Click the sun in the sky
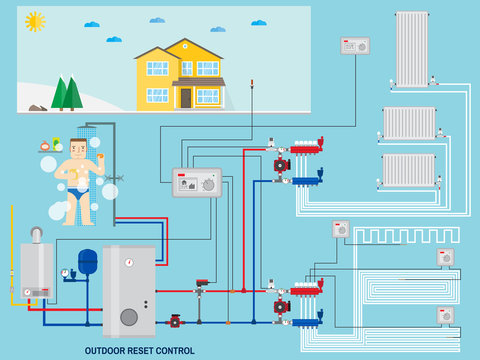pyautogui.click(x=36, y=21)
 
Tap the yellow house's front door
pyautogui.click(x=186, y=98)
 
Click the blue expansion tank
pyautogui.click(x=87, y=262)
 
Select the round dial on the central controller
pyautogui.click(x=208, y=184)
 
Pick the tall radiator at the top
pyautogui.click(x=411, y=47)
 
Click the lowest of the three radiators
pyautogui.click(x=408, y=169)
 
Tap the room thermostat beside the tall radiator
pyautogui.click(x=355, y=45)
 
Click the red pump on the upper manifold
pyautogui.click(x=282, y=165)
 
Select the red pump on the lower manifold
pyautogui.click(x=282, y=306)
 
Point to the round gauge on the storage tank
pyautogui.click(x=128, y=263)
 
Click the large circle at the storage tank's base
pyautogui.click(x=129, y=317)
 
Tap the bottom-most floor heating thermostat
pyautogui.click(x=445, y=315)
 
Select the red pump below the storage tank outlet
pyautogui.click(x=175, y=321)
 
